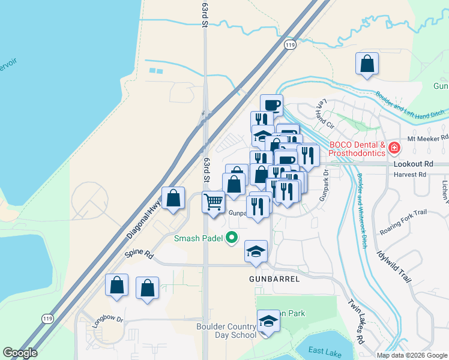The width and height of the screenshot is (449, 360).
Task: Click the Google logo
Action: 20,353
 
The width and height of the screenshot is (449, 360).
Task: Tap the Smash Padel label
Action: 198,238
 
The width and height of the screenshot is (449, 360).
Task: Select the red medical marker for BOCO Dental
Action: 394,147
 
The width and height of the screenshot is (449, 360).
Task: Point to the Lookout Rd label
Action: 413,163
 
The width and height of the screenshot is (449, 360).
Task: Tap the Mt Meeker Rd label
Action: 424,138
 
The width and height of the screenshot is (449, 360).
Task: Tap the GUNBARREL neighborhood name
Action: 274,280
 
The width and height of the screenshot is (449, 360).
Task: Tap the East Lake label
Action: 325,351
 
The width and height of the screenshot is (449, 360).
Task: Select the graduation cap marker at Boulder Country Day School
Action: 268,321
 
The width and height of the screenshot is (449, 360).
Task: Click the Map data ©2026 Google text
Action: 412,355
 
